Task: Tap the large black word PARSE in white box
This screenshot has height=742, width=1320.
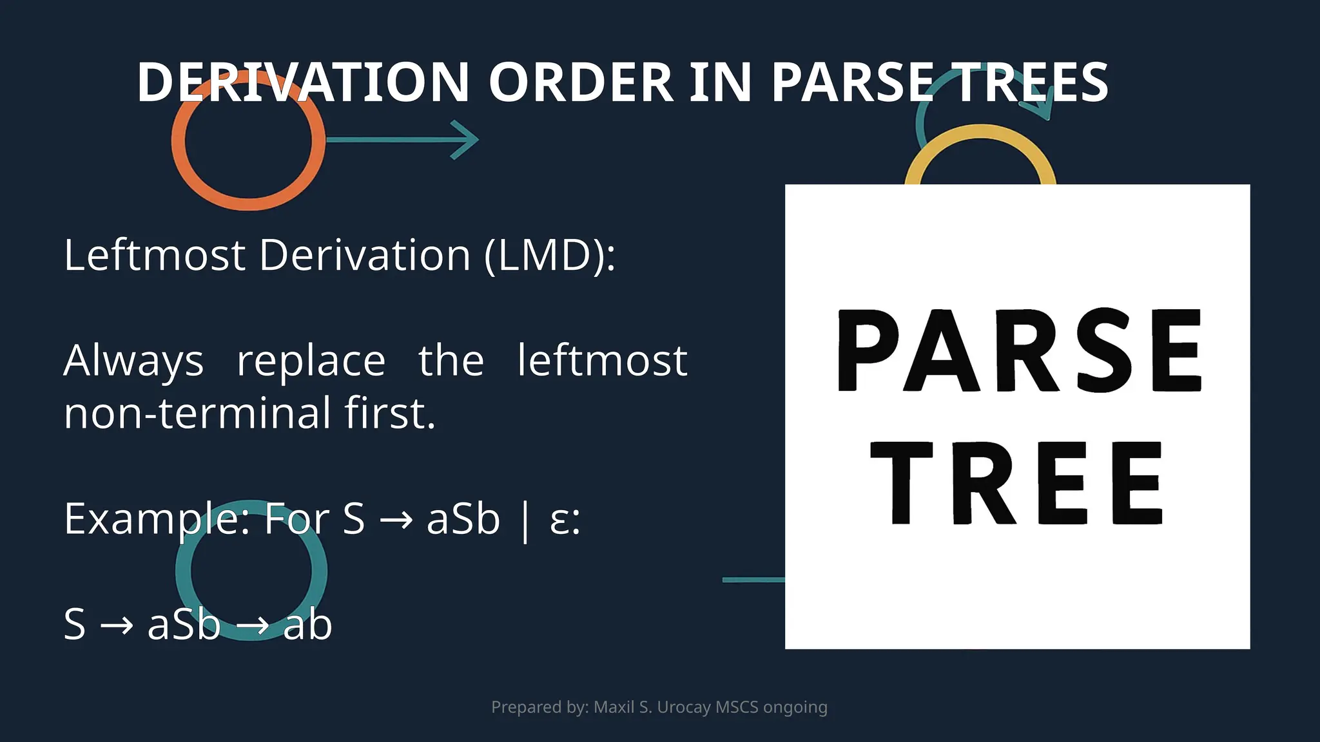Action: click(x=1018, y=351)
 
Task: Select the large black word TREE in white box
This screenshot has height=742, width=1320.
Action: click(x=1017, y=483)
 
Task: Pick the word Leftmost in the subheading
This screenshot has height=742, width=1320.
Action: click(x=155, y=255)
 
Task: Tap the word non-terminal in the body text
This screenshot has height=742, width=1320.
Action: click(x=197, y=414)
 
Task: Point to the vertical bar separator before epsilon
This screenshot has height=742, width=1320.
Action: click(x=525, y=520)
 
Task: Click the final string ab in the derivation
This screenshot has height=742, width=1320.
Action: click(x=307, y=625)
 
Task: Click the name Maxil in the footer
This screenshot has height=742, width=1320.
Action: click(x=614, y=707)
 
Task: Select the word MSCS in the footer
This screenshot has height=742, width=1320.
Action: click(x=737, y=707)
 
